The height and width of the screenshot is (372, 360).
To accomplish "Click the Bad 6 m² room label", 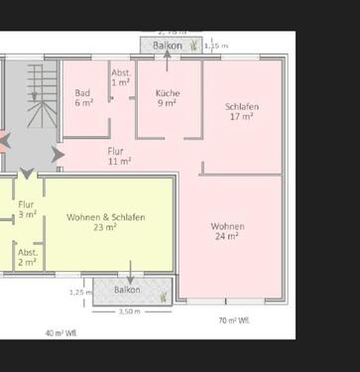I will click(83, 97).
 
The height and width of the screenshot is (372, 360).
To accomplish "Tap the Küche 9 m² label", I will click(167, 97).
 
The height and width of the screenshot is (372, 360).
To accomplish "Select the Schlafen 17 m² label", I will click(243, 111).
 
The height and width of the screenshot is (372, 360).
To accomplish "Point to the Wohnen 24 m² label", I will click(227, 231).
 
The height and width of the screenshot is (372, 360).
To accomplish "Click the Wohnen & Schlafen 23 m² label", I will click(106, 221).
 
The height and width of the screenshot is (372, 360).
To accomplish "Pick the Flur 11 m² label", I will click(119, 156).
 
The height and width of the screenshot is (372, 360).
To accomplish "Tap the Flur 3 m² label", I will click(27, 208).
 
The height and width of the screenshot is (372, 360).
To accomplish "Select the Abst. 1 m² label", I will click(121, 77).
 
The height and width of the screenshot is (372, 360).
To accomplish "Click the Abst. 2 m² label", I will click(27, 257).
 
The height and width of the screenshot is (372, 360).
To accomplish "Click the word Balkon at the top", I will click(166, 46).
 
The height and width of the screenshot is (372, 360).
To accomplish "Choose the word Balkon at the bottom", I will click(126, 290).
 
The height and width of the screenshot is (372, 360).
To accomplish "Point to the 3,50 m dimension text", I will click(128, 310).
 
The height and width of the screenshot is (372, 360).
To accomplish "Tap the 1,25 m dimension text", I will click(78, 292).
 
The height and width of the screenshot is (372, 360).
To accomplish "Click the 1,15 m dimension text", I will click(215, 46).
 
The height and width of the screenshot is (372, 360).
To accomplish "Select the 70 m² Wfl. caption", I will click(234, 320).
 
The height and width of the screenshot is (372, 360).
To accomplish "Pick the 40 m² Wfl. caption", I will click(61, 332).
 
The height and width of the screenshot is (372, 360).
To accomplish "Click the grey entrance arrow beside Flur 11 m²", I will click(58, 155).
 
